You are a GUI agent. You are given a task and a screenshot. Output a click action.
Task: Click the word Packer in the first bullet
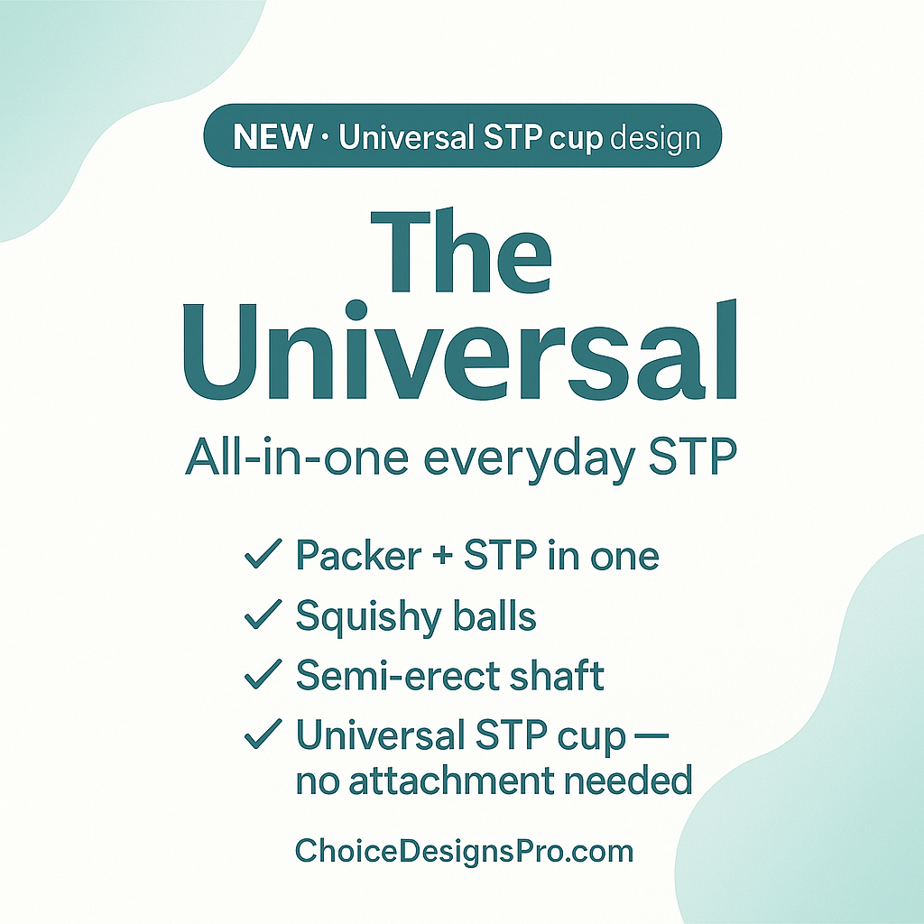(x=358, y=557)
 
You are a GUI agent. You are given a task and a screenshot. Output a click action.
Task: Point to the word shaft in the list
(x=559, y=676)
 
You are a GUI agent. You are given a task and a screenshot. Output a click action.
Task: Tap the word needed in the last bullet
(x=640, y=780)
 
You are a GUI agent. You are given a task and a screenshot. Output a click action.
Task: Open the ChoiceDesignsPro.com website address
(x=464, y=850)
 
